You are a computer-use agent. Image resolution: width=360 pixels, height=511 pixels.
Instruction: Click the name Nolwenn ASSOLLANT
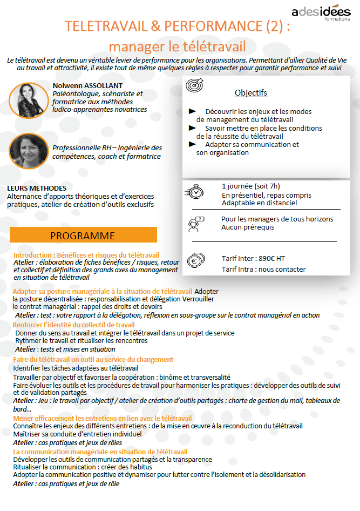pyautogui.click(x=87, y=85)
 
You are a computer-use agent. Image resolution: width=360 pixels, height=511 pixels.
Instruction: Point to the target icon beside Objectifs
pyautogui.click(x=194, y=86)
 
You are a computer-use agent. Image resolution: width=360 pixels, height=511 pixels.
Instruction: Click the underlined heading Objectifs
pyautogui.click(x=251, y=93)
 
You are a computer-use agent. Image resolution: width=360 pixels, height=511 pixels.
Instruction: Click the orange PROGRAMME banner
pyautogui.click(x=83, y=236)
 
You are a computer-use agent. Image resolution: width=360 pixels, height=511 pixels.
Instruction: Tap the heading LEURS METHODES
pyautogui.click(x=37, y=188)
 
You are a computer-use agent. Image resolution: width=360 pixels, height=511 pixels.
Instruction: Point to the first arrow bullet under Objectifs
pyautogui.click(x=192, y=111)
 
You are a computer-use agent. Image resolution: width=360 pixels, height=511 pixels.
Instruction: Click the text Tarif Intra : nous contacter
pyautogui.click(x=263, y=269)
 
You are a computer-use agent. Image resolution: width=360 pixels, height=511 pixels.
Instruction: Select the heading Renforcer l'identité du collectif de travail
pyautogui.click(x=74, y=325)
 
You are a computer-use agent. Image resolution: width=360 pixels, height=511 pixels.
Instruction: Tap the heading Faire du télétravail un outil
pyautogui.click(x=93, y=359)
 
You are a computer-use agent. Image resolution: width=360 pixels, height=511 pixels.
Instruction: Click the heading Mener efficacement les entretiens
pyautogui.click(x=102, y=418)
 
